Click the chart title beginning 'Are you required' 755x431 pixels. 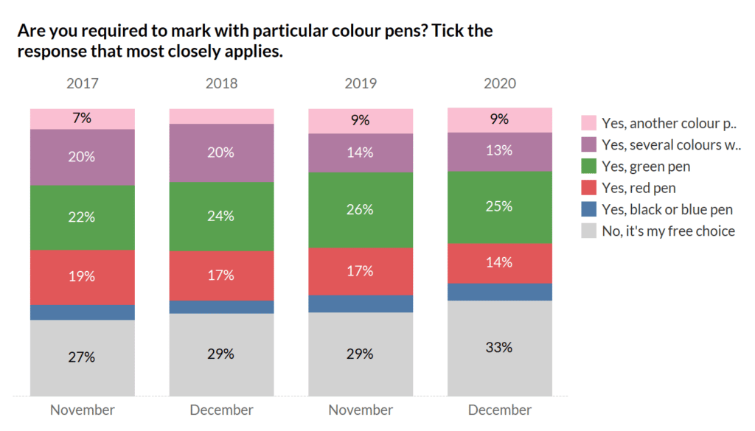coord(254,42)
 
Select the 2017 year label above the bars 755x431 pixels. coord(83,83)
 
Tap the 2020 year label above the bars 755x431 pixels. coord(499,83)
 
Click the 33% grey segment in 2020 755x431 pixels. coord(499,348)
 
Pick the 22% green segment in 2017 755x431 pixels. coord(83,217)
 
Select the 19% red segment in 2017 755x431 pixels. coord(83,277)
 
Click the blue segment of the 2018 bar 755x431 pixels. coord(221,306)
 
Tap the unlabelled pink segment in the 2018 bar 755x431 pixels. coord(221,116)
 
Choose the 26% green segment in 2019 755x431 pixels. coord(361,209)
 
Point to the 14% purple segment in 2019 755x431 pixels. coord(361,153)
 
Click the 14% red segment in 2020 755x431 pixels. coord(499,263)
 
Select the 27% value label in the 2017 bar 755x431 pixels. coord(83,357)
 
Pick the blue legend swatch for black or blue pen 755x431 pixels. coord(588,209)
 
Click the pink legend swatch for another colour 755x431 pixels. coord(588,123)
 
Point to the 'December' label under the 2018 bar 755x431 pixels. coord(221,410)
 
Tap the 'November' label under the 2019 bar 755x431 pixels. coord(361,410)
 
